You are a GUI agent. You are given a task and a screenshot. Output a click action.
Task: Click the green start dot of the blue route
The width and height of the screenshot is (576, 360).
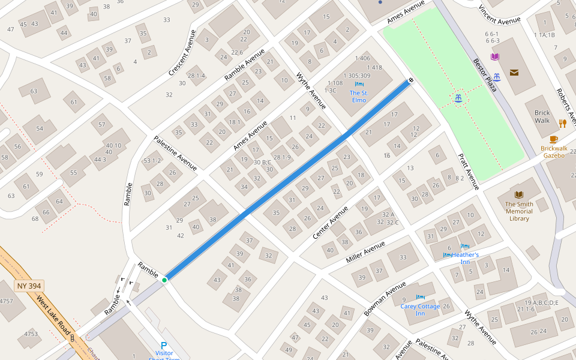coord(164,280)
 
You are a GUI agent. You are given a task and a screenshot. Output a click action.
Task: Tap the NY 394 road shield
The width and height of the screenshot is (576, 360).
coord(29,286)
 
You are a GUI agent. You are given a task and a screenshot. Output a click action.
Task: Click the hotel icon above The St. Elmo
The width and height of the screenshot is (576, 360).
coord(359,84)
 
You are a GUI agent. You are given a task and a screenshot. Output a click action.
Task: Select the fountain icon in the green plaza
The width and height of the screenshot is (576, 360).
coord(458,98)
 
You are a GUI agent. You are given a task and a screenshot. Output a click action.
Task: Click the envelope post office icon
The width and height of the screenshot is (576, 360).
coord(514,73)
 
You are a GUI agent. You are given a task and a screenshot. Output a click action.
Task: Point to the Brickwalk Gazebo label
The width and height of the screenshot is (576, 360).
coord(553,151)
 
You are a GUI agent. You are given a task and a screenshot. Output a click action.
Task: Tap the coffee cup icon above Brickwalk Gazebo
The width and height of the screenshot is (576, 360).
coord(553,139)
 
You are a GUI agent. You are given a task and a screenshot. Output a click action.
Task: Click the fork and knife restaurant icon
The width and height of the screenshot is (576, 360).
coord(562,124)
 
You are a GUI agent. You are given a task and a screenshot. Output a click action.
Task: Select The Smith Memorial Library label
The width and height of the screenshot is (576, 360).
coord(519,211)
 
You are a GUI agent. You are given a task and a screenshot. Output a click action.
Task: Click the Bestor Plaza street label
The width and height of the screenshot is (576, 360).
coord(485,75)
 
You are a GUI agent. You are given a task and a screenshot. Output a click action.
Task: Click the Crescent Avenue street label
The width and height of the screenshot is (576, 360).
coord(182,53)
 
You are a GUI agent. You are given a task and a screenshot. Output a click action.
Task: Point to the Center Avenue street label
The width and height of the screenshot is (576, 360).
coord(330,223)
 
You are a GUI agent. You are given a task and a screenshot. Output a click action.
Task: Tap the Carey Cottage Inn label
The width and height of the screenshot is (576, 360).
coord(420,310)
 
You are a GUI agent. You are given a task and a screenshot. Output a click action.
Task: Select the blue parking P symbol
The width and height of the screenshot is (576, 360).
coord(164,346)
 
